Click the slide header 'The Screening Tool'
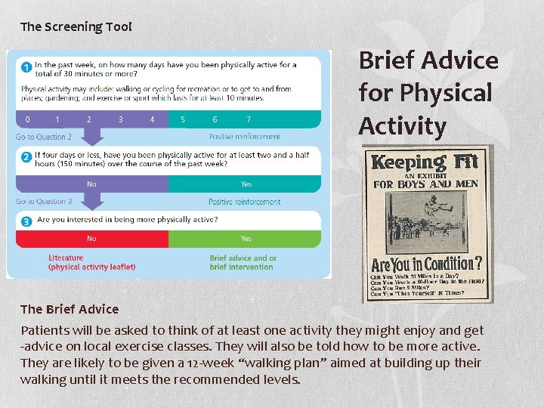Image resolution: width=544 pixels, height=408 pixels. (76, 26)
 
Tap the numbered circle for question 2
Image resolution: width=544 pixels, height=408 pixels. (26, 157)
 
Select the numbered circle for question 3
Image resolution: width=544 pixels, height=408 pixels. (26, 221)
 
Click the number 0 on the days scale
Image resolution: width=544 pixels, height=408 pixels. (28, 119)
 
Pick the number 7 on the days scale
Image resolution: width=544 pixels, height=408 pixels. (249, 119)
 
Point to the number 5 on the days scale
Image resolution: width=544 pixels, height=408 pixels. (183, 119)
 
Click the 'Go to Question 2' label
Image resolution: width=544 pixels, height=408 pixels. (44, 137)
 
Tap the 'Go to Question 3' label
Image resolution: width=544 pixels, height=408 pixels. (44, 202)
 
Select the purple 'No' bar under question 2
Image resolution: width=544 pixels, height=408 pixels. (91, 184)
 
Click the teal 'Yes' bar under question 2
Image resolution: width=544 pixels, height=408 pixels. (246, 184)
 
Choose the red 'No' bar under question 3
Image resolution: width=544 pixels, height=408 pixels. (91, 239)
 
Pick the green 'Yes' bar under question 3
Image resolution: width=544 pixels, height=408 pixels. (246, 239)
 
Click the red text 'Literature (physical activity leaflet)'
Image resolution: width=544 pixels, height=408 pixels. (91, 262)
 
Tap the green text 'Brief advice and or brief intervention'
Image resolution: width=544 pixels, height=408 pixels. (243, 262)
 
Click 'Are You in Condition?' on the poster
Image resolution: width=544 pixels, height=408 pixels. (426, 264)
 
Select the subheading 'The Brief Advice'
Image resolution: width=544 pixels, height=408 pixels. (70, 309)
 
